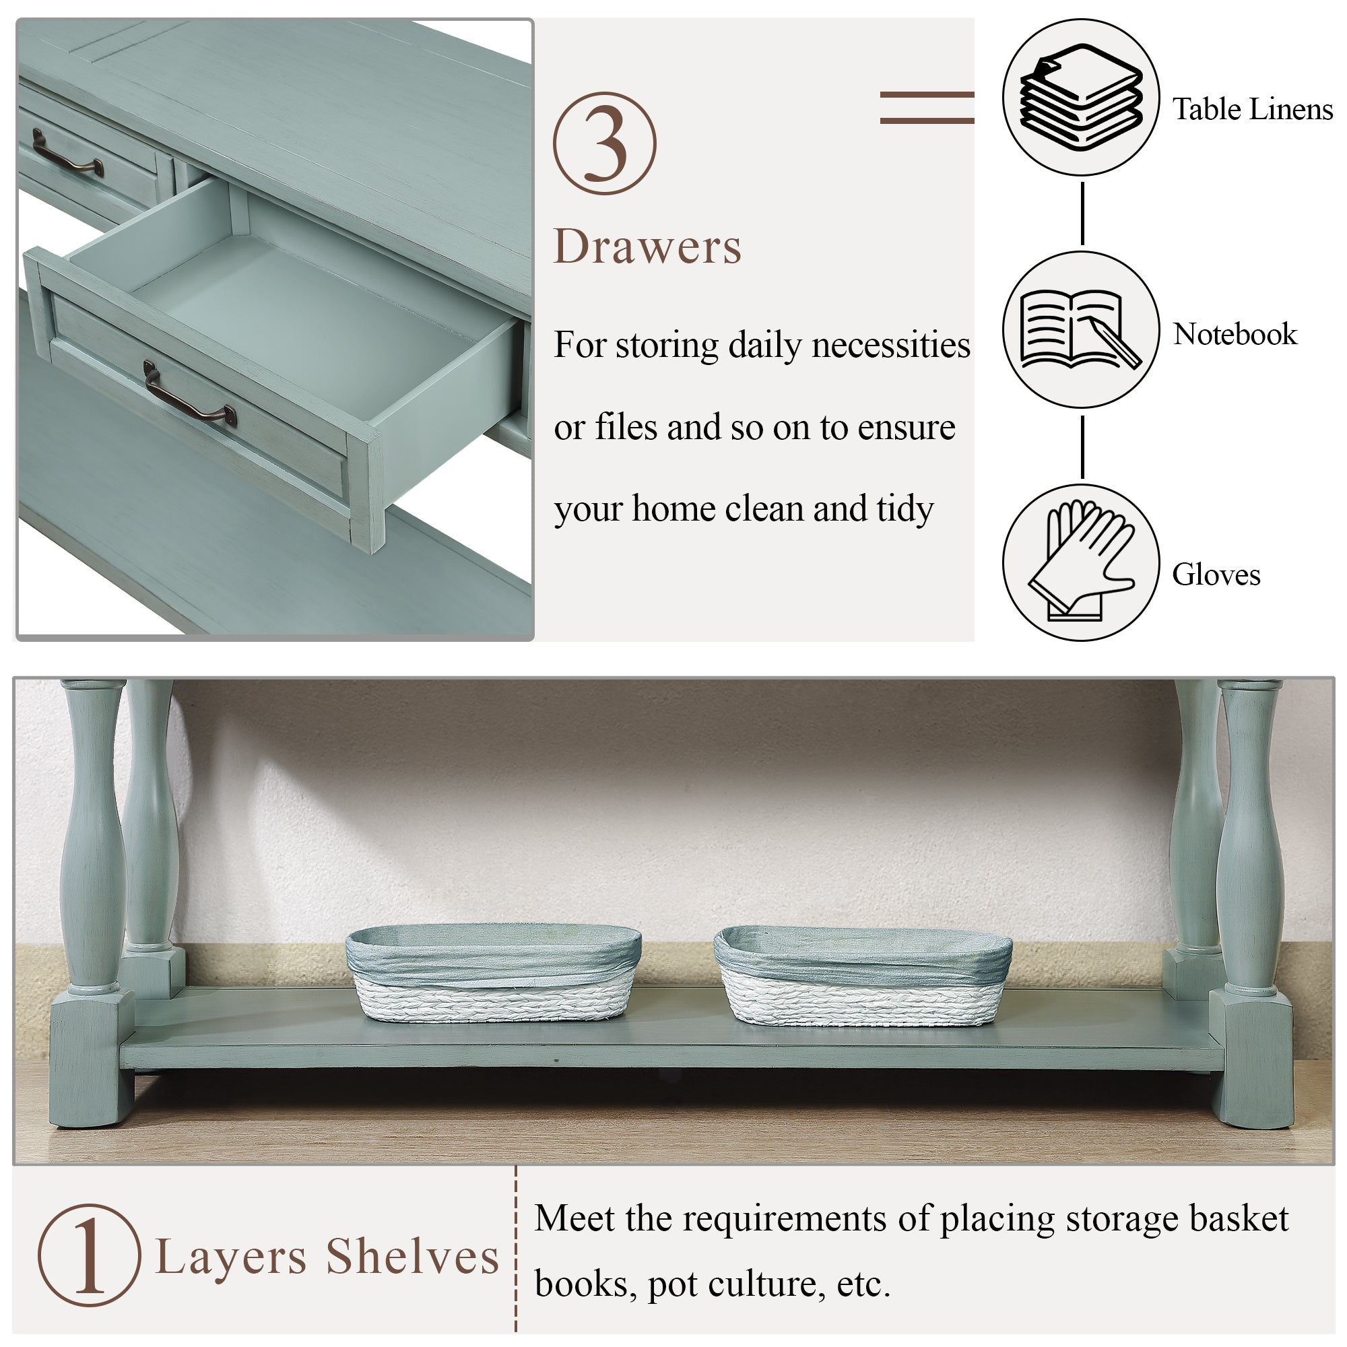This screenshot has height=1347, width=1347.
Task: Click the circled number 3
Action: [605, 143]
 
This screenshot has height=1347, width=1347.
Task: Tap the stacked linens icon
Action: [1082, 97]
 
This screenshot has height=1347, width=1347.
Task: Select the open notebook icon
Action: [1080, 329]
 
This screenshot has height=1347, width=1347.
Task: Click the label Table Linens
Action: [1252, 110]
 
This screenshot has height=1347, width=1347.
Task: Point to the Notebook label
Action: [1235, 335]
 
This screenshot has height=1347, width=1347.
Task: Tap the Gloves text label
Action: [1216, 575]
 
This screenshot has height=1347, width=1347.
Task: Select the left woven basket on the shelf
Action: [493, 974]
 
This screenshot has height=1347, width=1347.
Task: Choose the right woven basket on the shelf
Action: [863, 975]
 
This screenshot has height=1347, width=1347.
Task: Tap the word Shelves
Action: [413, 1256]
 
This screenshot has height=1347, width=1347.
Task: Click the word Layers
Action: [231, 1259]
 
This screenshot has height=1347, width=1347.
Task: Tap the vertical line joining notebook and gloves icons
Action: [1082, 447]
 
